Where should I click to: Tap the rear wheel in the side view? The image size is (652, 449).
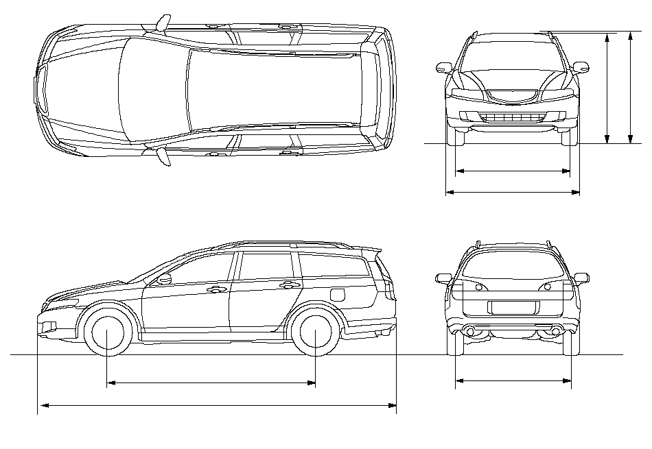[315, 332]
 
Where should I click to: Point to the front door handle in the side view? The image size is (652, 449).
[218, 290]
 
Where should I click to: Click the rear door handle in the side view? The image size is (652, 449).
[289, 284]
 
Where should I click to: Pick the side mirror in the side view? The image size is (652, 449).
[164, 279]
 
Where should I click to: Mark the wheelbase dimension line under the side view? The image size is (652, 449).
[211, 383]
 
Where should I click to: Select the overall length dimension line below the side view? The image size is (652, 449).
[217, 406]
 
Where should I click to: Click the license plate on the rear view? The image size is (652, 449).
[513, 306]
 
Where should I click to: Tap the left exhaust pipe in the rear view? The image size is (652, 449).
[471, 332]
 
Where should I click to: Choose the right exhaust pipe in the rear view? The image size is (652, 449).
[555, 332]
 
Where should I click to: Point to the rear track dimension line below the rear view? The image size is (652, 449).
[513, 379]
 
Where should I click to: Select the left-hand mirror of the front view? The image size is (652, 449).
[443, 67]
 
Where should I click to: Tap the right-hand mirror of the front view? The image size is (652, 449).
[581, 67]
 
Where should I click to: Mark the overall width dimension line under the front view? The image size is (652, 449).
[513, 193]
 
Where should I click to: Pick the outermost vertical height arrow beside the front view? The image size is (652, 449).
[631, 88]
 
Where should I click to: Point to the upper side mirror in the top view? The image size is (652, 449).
[161, 23]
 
